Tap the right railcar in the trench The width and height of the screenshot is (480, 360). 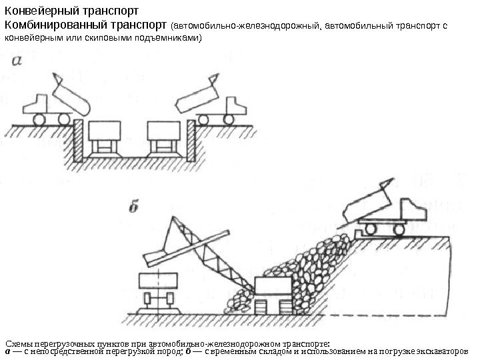163,137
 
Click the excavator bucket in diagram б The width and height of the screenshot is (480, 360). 160,251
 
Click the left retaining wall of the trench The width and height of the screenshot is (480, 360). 78,140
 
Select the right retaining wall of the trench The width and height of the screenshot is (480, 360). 190,140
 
